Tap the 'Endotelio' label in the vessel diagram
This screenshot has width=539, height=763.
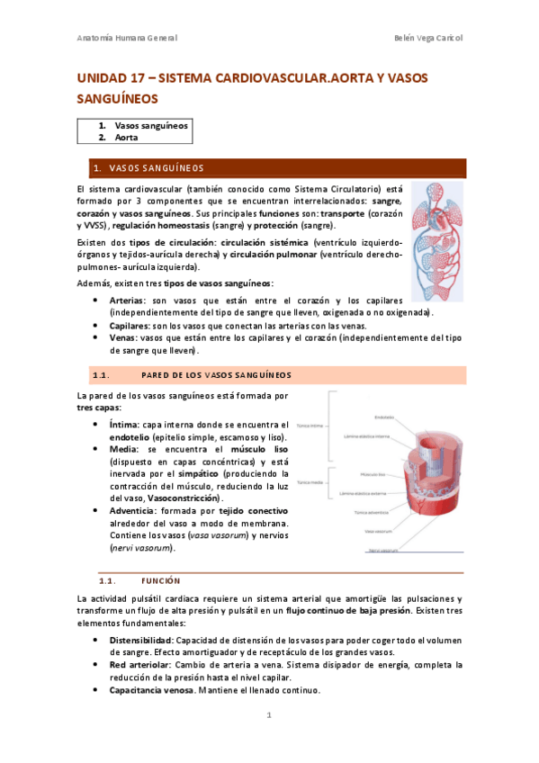(384, 417)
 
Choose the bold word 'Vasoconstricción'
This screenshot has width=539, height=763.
(186, 498)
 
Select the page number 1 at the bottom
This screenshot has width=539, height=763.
(268, 717)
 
